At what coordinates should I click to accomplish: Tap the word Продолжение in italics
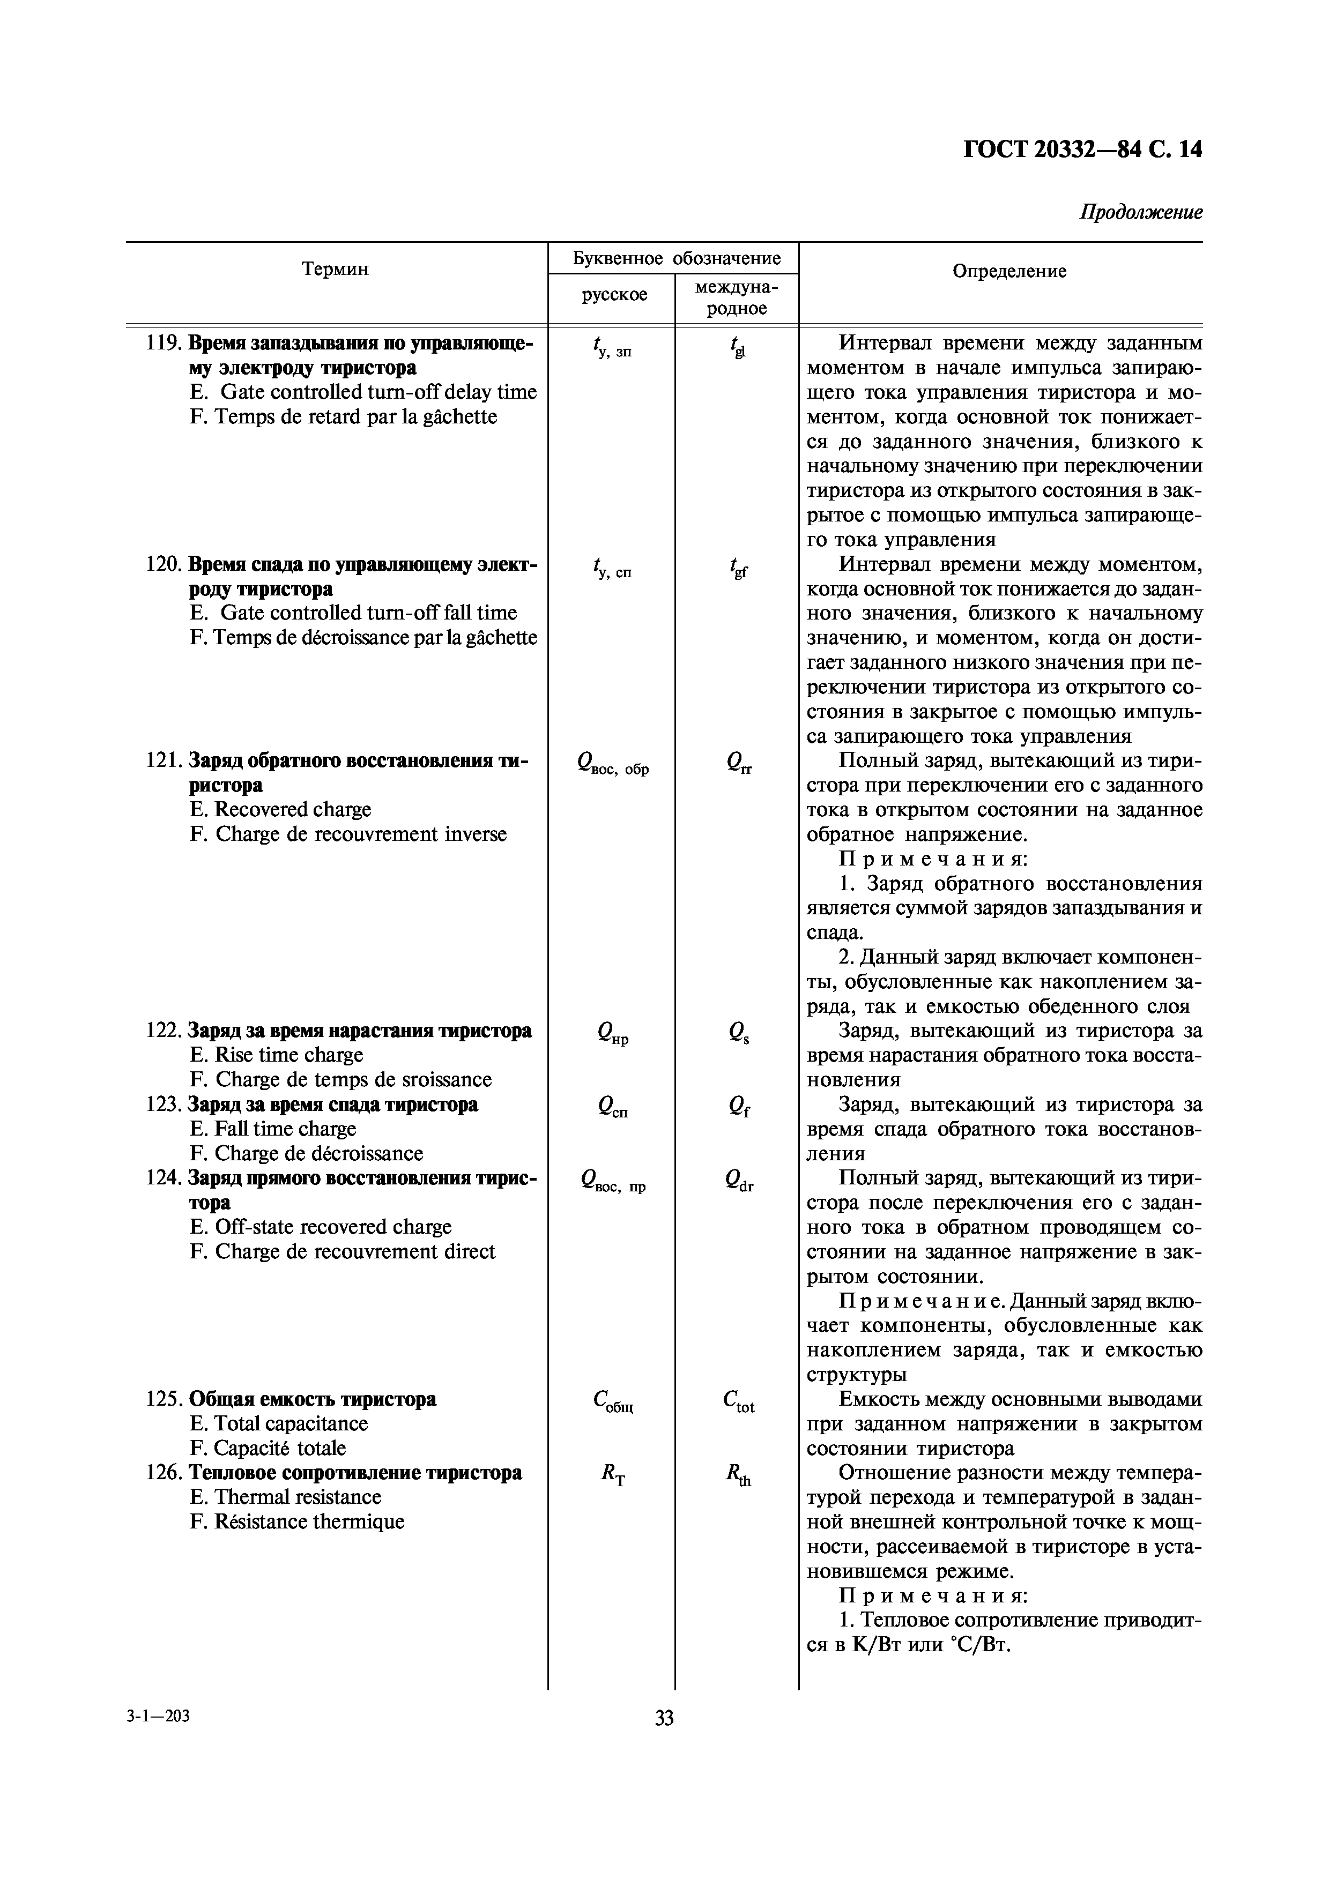(x=1141, y=213)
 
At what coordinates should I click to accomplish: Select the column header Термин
(x=335, y=270)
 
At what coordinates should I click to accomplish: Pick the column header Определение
(x=1009, y=271)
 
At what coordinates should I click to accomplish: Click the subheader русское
(x=614, y=295)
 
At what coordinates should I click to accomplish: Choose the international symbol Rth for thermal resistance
(x=738, y=1474)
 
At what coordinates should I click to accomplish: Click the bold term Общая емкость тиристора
(x=312, y=1399)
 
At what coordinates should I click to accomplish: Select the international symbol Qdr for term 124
(x=739, y=1181)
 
